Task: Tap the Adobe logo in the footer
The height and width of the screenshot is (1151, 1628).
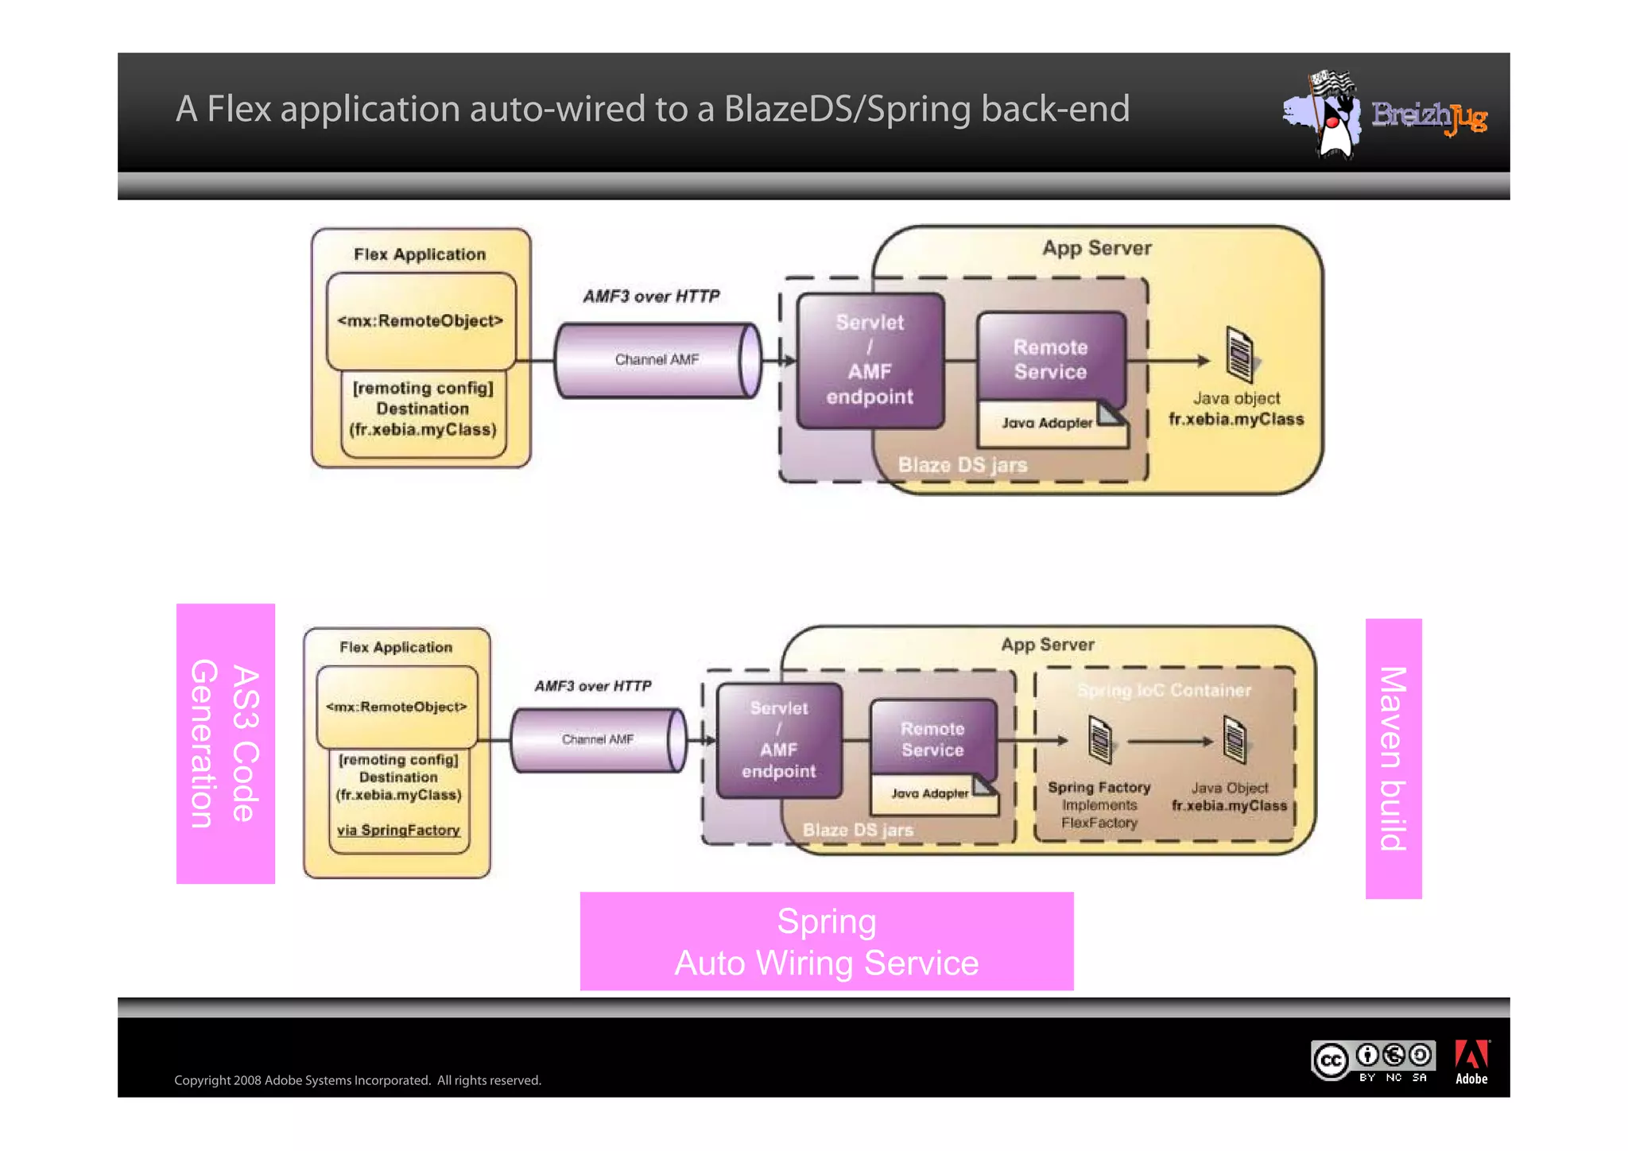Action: pos(1471,1062)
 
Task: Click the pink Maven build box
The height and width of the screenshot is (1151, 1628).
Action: pos(1393,758)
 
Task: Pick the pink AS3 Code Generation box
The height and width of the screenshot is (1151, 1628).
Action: pos(226,743)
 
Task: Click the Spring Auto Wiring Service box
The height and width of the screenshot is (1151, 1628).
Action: pos(826,941)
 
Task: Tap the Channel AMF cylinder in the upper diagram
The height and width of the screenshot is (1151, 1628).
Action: pos(657,360)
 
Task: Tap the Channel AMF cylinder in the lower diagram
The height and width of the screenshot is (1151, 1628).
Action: pos(597,740)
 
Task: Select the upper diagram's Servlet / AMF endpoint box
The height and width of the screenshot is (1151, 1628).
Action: pos(870,360)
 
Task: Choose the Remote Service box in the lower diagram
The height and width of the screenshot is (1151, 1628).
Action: pos(932,738)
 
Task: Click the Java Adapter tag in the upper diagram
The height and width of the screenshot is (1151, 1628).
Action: pos(1047,424)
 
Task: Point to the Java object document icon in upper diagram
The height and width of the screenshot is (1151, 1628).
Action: pos(1238,355)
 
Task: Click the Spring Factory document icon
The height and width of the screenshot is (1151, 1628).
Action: pos(1099,739)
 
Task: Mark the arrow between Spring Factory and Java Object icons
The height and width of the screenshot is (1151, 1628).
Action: pos(1169,742)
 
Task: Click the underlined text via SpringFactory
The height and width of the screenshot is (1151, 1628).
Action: pos(398,831)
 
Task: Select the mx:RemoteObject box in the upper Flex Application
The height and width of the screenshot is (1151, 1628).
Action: pos(421,321)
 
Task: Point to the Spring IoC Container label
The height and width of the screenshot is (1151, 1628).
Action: pos(1164,690)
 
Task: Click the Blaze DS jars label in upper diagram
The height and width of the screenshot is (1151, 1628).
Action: pos(962,465)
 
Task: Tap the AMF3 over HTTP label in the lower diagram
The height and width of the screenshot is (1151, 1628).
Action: pos(592,686)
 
